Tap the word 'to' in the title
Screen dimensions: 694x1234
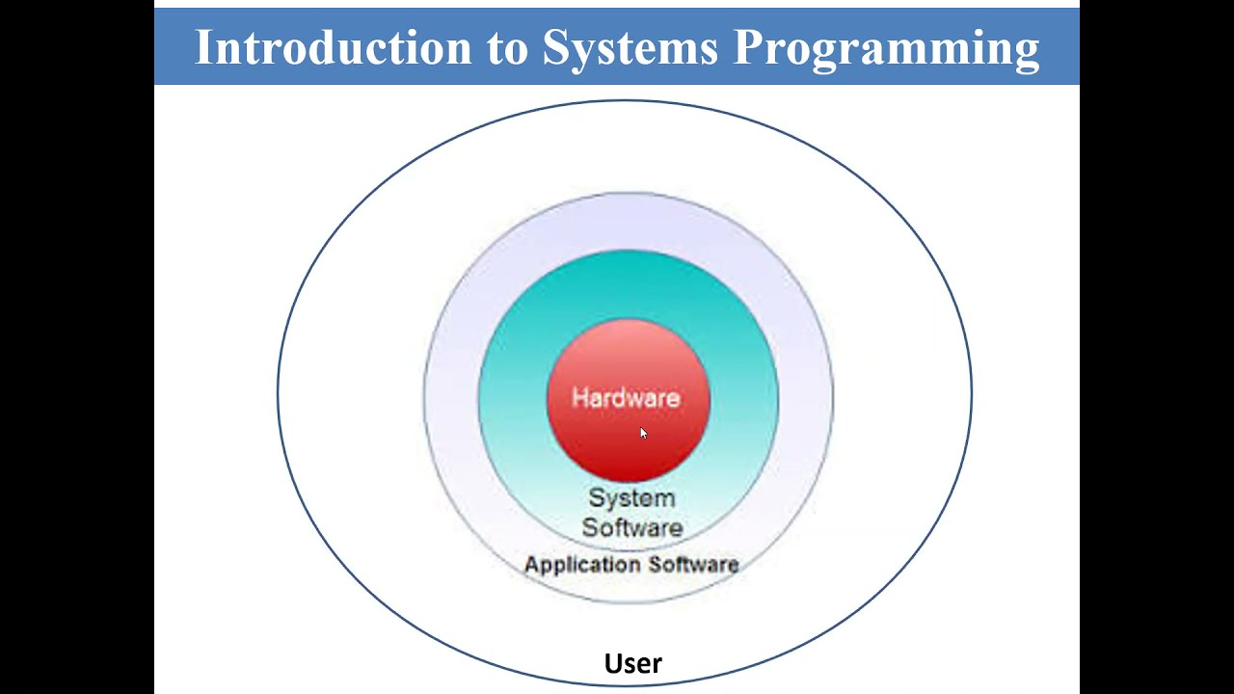pyautogui.click(x=507, y=47)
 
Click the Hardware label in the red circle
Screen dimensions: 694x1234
pyautogui.click(x=626, y=398)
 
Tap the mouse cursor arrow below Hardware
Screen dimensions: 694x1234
pyautogui.click(x=643, y=433)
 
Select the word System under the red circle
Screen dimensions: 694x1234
pyautogui.click(x=631, y=498)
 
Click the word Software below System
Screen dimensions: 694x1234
pyautogui.click(x=631, y=527)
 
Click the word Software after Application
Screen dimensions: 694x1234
pyautogui.click(x=694, y=564)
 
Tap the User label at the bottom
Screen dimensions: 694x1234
pyautogui.click(x=632, y=663)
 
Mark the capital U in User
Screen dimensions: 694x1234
pyautogui.click(x=612, y=663)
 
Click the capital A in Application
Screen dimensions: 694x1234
pyautogui.click(x=530, y=564)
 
